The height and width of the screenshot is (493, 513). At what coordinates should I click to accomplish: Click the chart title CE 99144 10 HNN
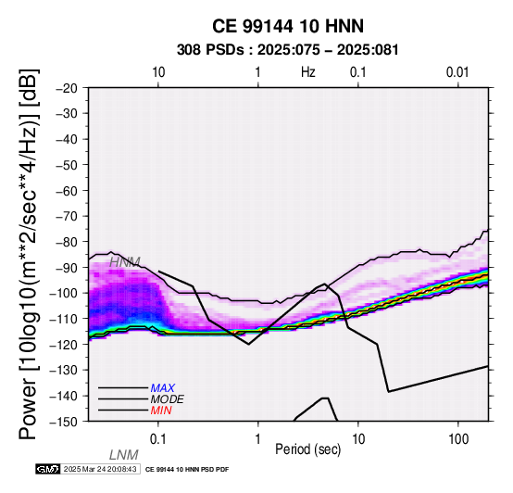pyautogui.click(x=288, y=26)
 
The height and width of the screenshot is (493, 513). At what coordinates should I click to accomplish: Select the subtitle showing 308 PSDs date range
pyautogui.click(x=288, y=50)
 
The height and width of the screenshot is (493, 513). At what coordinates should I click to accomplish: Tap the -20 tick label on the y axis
pyautogui.click(x=67, y=88)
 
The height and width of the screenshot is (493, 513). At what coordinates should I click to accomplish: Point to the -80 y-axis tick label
pyautogui.click(x=67, y=242)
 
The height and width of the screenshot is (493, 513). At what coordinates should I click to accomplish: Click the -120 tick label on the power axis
pyautogui.click(x=64, y=344)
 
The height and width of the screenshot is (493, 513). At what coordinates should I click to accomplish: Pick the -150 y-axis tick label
pyautogui.click(x=64, y=421)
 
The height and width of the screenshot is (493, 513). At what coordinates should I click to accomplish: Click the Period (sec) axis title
pyautogui.click(x=307, y=449)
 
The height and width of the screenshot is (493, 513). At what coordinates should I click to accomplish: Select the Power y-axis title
pyautogui.click(x=29, y=254)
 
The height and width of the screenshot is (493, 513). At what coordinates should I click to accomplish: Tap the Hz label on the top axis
pyautogui.click(x=308, y=72)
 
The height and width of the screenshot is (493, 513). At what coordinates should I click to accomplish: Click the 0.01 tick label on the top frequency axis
pyautogui.click(x=457, y=72)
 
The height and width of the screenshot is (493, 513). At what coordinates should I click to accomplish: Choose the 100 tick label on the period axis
pyautogui.click(x=458, y=439)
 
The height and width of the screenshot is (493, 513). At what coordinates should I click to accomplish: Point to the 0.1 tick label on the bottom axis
pyautogui.click(x=158, y=439)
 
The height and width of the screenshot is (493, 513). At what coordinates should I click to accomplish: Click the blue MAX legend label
pyautogui.click(x=162, y=388)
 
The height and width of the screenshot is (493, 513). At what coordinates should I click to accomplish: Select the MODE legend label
pyautogui.click(x=168, y=399)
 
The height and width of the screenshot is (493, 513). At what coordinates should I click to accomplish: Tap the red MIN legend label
pyautogui.click(x=161, y=411)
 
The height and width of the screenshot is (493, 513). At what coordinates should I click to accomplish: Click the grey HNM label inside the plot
pyautogui.click(x=125, y=262)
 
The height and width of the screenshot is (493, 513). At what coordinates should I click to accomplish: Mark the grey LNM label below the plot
pyautogui.click(x=124, y=455)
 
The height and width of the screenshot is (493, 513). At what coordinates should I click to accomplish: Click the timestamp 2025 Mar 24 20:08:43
pyautogui.click(x=100, y=469)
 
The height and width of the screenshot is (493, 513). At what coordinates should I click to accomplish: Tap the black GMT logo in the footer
pyautogui.click(x=48, y=469)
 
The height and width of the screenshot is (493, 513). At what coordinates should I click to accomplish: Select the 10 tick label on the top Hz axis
pyautogui.click(x=158, y=72)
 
